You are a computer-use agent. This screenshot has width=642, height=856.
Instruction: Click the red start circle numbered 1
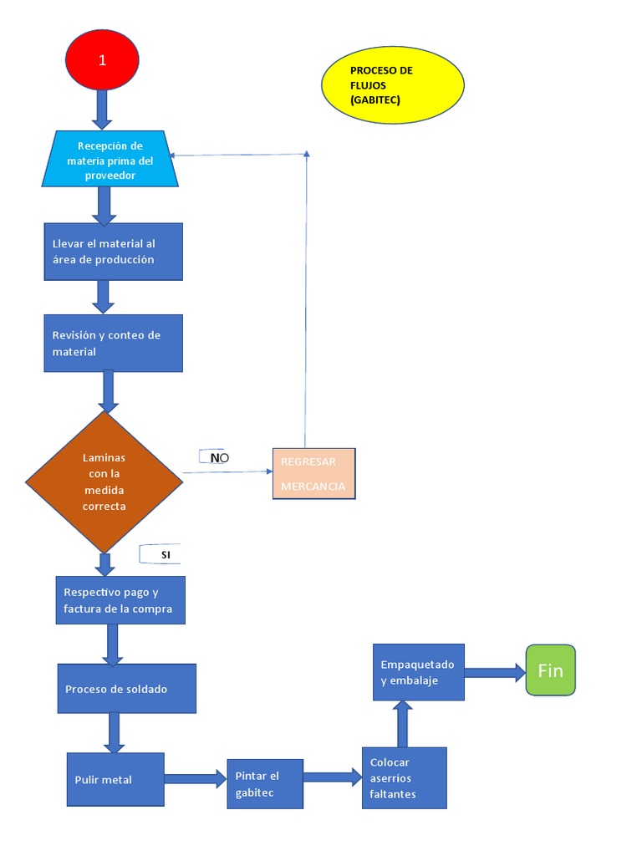click(102, 59)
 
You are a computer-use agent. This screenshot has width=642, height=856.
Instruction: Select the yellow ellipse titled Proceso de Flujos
click(392, 85)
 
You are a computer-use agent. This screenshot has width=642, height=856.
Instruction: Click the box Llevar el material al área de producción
click(113, 252)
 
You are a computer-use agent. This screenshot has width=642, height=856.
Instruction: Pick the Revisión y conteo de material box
click(113, 343)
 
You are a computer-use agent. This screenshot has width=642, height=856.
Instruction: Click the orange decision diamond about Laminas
click(104, 481)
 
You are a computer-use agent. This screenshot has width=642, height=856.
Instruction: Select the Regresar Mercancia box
click(313, 474)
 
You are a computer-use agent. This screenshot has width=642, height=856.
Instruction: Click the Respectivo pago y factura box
click(120, 600)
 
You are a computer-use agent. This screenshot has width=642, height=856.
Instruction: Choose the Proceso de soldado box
click(126, 689)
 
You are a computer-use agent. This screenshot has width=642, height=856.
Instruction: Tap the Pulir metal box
click(115, 779)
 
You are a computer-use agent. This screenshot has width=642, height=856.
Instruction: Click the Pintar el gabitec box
click(264, 784)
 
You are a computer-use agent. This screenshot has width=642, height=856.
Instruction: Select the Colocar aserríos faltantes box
click(405, 777)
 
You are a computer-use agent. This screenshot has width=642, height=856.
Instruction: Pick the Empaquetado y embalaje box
click(418, 672)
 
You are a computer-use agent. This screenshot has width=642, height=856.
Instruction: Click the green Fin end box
click(550, 670)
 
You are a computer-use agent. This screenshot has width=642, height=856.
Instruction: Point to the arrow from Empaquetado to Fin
click(494, 670)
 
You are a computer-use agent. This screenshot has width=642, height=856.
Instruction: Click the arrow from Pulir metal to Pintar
click(195, 779)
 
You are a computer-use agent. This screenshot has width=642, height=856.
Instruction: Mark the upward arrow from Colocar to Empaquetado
click(403, 724)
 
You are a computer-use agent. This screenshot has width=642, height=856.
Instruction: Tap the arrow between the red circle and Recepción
click(102, 109)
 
